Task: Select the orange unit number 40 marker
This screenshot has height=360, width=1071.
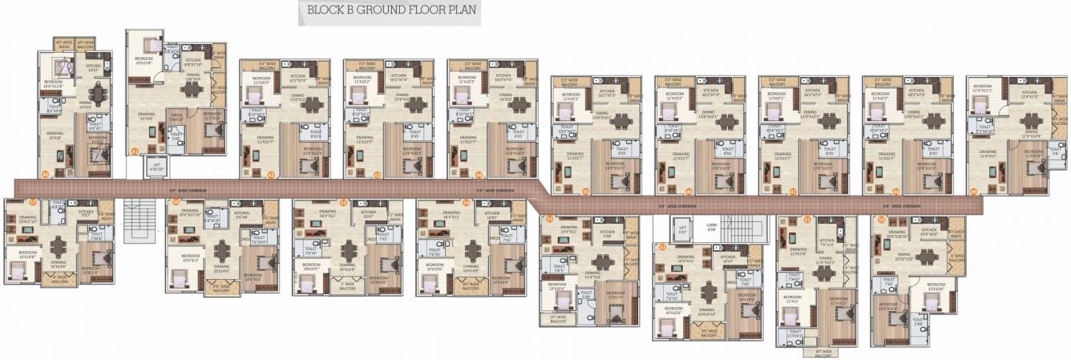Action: (46, 174)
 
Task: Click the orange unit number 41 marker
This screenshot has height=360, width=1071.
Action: (135, 151)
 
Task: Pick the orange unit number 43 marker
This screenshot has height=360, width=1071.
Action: (377, 174)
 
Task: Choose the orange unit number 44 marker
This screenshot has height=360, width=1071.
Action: (479, 174)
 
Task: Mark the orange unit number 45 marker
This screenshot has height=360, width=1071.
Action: (586, 192)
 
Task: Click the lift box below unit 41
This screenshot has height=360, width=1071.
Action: (156, 167)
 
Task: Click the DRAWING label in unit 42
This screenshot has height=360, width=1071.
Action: (265, 137)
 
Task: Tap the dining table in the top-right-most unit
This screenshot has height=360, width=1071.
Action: (1029, 122)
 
